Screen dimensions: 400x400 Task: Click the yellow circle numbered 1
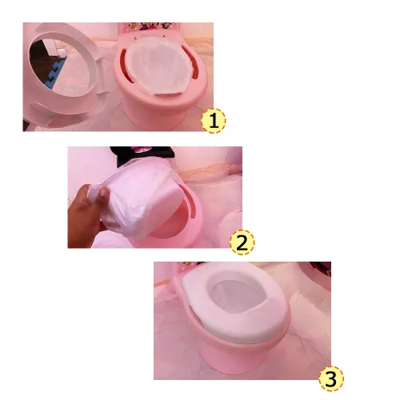click(x=213, y=121)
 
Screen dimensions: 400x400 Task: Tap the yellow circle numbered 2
click(x=242, y=242)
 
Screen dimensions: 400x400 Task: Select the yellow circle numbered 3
click(x=333, y=379)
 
